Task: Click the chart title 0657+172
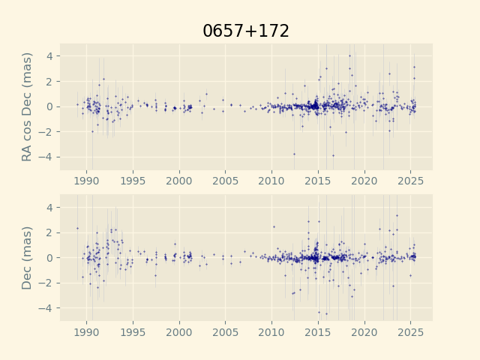click(x=246, y=31)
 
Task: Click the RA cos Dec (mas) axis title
click(x=28, y=106)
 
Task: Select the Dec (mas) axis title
click(x=28, y=257)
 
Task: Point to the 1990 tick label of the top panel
click(x=87, y=181)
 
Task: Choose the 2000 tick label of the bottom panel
click(x=179, y=332)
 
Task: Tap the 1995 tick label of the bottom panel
click(x=133, y=332)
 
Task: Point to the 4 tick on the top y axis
click(x=50, y=56)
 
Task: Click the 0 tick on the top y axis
click(x=50, y=106)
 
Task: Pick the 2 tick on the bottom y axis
click(x=50, y=232)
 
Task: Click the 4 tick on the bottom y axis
click(x=50, y=207)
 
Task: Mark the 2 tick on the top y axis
click(x=50, y=81)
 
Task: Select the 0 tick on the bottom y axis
click(x=50, y=257)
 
